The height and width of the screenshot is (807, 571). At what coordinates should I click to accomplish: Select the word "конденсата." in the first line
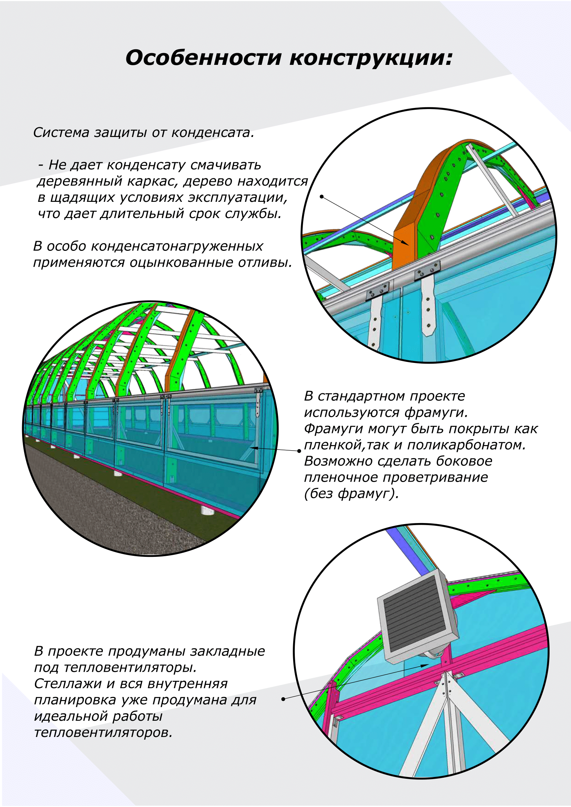[x=212, y=132]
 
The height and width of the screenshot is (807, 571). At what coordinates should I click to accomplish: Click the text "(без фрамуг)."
[x=351, y=493]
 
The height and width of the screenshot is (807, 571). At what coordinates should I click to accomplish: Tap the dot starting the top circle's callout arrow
[x=321, y=196]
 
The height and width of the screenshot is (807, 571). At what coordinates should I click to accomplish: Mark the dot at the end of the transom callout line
[x=299, y=451]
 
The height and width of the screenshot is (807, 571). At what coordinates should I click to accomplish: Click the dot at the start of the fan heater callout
[x=283, y=699]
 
